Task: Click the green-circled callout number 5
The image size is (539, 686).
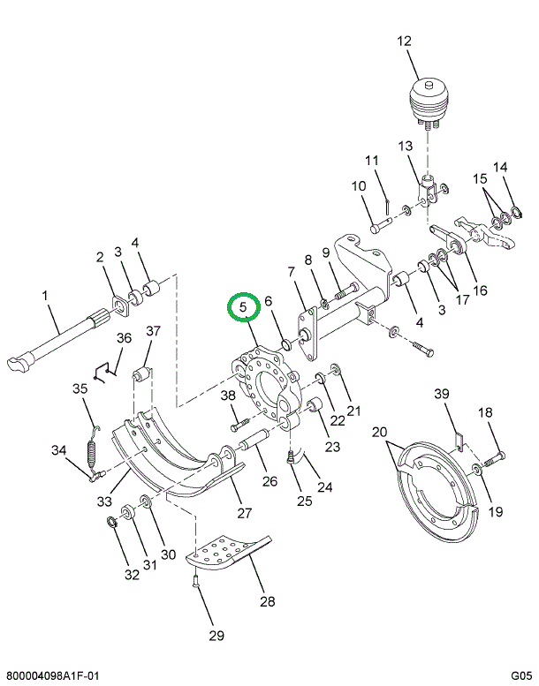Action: [244, 306]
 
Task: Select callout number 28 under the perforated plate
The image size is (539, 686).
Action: [268, 601]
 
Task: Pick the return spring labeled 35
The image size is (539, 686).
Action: [92, 450]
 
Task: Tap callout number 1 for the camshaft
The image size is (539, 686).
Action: [45, 296]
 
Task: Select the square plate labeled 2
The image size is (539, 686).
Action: [120, 305]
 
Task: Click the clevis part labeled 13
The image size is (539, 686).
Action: [429, 192]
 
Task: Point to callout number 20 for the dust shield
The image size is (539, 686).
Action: [379, 433]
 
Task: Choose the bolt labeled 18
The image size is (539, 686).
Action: [494, 459]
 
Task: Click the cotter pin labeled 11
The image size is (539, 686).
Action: [388, 207]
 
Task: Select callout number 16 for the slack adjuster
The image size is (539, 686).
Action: [480, 290]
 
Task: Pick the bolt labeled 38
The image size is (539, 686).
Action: [239, 425]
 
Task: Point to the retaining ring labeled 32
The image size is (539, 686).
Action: [112, 523]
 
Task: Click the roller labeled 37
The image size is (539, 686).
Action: [142, 375]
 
